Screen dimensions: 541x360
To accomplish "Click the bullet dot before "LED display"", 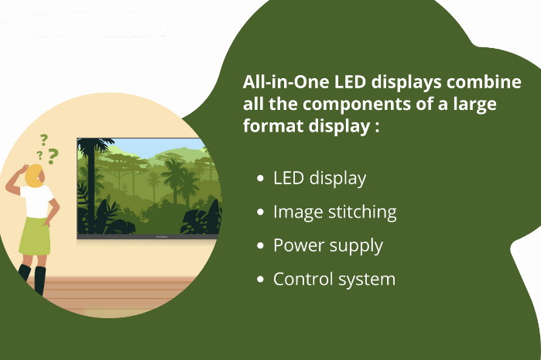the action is tap(260, 178).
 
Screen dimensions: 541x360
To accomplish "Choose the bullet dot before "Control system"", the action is tap(260, 279).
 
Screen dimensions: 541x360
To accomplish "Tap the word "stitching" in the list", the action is tap(362, 212).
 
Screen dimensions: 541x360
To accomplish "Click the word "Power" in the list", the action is tap(299, 245).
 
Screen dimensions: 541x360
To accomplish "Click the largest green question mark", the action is tap(53, 156).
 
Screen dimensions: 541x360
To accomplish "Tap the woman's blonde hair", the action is tap(33, 176).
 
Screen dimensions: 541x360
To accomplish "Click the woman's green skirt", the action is tap(35, 236).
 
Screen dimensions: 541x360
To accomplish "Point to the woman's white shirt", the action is tap(36, 202).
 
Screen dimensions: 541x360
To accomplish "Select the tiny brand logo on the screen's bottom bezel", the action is tap(162, 237).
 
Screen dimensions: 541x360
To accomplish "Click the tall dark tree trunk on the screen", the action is tap(91, 187).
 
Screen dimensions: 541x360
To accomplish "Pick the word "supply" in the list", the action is tap(356, 247).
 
